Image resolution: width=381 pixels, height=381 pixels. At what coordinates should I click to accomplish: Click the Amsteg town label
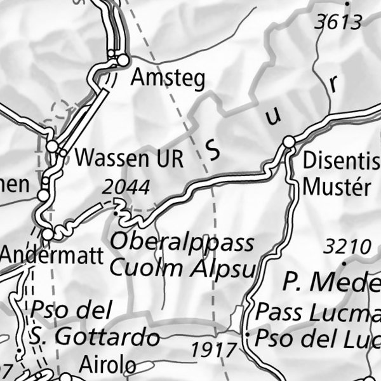(168, 79)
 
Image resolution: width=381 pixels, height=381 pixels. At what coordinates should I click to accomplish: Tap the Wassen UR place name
(129, 158)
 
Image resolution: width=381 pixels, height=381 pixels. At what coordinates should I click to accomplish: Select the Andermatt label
(51, 256)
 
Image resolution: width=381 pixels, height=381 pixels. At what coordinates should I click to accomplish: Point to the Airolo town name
(107, 365)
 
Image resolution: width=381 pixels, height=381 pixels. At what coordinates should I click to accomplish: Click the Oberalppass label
(182, 243)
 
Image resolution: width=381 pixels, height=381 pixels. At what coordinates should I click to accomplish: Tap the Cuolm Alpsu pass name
(182, 267)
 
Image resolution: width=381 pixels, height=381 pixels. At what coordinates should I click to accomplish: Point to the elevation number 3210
(347, 246)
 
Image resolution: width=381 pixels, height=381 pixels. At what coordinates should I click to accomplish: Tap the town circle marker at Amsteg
(123, 60)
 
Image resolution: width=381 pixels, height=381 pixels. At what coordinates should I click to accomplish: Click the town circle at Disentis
(289, 141)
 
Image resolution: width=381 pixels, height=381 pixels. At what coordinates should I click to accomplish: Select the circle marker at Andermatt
(48, 235)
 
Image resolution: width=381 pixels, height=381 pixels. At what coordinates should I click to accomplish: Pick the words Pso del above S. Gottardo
(70, 311)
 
